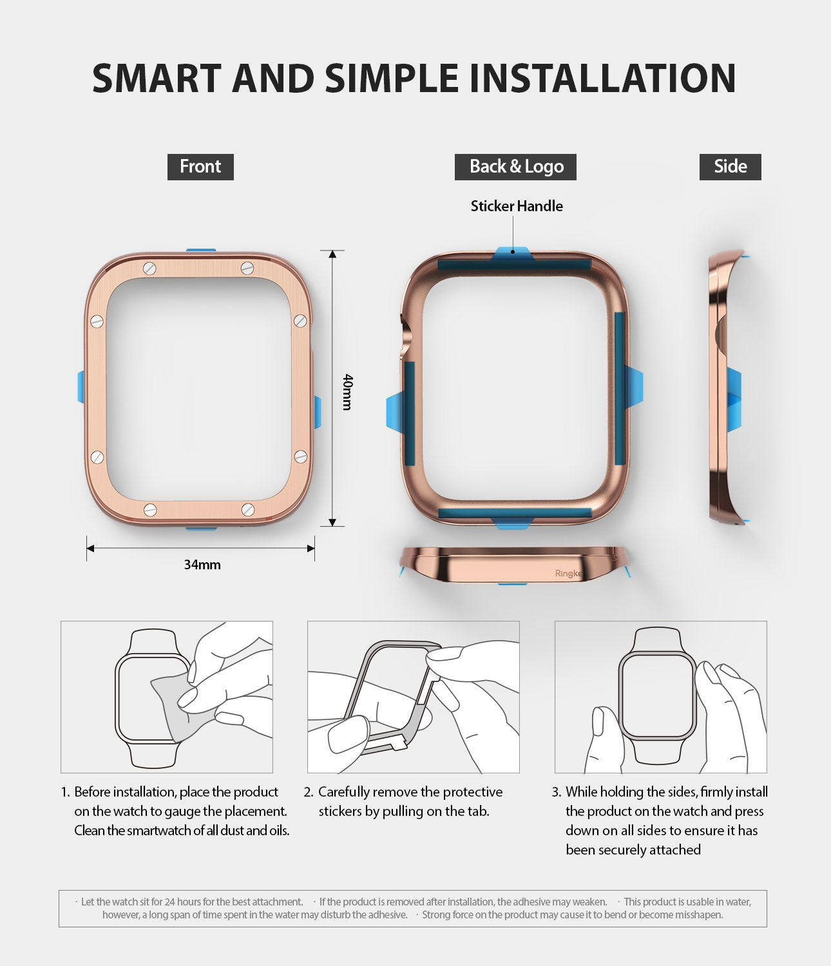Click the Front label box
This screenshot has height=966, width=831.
pos(200,167)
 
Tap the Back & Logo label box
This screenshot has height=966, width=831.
pos(516,167)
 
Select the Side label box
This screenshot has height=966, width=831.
pos(730,167)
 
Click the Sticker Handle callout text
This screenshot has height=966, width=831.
pos(517,206)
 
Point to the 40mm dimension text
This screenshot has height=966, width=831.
pos(347,392)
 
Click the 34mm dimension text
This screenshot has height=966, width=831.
pos(202,565)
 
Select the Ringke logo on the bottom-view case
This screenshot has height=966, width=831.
pos(568,573)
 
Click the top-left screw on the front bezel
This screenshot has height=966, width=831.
pos(150,268)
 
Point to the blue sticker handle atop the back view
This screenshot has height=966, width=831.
pos(512,253)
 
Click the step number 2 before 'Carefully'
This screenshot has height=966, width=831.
pos(308,792)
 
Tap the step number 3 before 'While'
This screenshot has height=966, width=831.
pos(556,792)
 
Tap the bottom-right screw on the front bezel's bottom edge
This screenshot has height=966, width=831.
pos(248,510)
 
